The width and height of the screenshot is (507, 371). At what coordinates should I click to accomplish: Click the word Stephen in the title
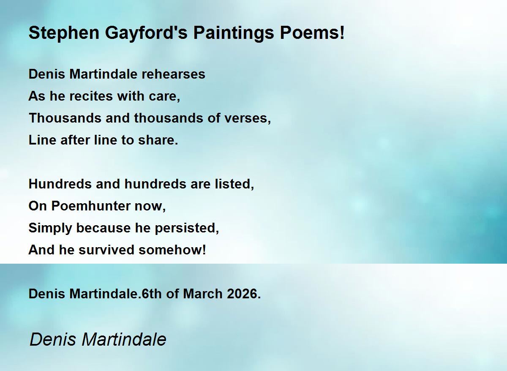(64, 33)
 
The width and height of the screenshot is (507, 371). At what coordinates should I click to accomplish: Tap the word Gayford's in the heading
(146, 33)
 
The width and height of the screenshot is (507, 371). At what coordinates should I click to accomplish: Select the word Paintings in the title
(234, 33)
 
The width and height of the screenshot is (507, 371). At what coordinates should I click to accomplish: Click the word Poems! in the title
(312, 33)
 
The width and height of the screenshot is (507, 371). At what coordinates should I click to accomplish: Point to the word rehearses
(173, 74)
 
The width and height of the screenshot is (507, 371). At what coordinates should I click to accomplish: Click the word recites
(91, 96)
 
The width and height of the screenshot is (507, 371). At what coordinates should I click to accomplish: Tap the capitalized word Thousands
(65, 118)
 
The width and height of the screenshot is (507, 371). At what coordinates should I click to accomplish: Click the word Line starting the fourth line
(42, 140)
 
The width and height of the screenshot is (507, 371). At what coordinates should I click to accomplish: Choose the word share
(158, 140)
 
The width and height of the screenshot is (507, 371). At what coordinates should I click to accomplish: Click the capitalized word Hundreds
(60, 184)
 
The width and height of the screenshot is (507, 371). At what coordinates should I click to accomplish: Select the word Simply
(50, 228)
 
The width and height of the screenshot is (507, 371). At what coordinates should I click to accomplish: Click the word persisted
(187, 228)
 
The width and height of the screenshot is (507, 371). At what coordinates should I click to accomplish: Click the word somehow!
(172, 250)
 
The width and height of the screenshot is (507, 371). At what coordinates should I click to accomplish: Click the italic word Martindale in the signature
(124, 339)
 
